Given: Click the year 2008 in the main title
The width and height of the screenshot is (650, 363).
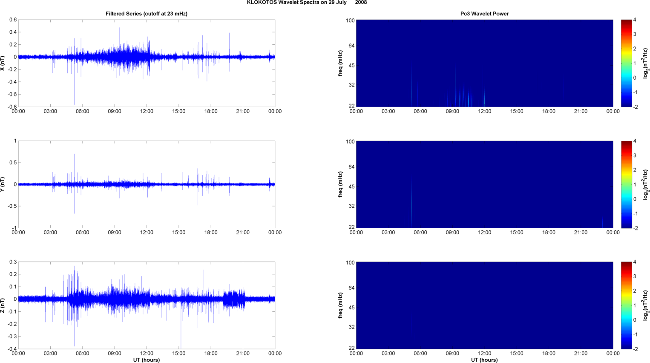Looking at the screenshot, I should click(x=361, y=3).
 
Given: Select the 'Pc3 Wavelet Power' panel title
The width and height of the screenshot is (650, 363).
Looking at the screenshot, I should click(x=484, y=14).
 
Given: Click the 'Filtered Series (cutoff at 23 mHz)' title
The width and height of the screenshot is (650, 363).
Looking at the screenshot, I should click(x=147, y=14).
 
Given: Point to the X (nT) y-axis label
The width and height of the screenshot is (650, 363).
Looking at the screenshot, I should click(x=3, y=63).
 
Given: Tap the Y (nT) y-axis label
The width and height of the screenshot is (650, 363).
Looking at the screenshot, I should click(x=3, y=184).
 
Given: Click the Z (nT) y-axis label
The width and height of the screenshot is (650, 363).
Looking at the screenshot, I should click(x=3, y=305).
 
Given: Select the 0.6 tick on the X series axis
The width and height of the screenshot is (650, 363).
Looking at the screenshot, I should click(x=13, y=20).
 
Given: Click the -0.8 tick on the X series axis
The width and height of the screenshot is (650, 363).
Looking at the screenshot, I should click(x=12, y=107).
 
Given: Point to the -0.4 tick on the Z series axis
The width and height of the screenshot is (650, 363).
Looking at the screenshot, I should click(x=12, y=349).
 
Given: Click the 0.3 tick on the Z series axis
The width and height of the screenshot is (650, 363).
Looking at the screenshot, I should click(x=13, y=262).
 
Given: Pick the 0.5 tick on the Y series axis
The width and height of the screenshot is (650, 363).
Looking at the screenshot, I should click(x=13, y=163).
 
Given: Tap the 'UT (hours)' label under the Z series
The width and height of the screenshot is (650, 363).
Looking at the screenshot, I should click(x=147, y=360).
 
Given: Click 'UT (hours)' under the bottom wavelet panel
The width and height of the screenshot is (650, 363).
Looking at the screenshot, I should click(x=484, y=360).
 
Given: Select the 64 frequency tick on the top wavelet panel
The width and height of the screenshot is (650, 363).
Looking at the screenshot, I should click(x=351, y=46).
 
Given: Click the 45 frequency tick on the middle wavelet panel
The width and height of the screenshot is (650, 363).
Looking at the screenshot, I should click(x=351, y=187).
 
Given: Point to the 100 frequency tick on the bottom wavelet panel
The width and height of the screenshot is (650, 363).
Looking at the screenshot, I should click(x=350, y=263).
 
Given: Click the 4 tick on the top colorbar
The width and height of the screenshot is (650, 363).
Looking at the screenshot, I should click(x=635, y=20).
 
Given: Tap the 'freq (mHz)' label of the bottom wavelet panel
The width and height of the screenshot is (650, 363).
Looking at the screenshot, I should click(x=341, y=305).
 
